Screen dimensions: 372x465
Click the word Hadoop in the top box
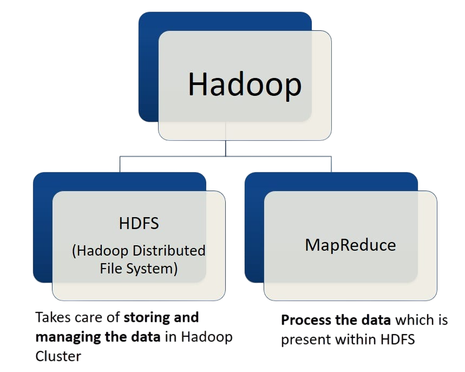click(x=245, y=84)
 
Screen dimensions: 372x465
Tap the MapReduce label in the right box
click(x=350, y=245)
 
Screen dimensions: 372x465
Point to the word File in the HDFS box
click(x=112, y=269)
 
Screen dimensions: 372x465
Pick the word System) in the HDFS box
click(x=153, y=269)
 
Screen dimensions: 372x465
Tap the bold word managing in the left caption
click(x=62, y=337)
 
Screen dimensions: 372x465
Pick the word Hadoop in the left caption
click(x=207, y=337)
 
